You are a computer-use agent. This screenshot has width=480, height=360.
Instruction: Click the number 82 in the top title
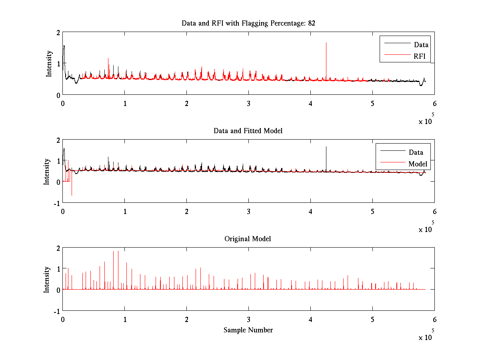tap(311, 23)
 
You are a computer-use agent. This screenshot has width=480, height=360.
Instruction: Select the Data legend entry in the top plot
tap(421, 45)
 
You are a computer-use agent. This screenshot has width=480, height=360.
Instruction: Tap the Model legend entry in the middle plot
tap(418, 164)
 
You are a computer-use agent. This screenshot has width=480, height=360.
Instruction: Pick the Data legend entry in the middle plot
tap(416, 152)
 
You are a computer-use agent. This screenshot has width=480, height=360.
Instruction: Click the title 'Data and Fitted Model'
tap(248, 131)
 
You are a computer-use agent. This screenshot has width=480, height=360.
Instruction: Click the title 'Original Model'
tap(248, 239)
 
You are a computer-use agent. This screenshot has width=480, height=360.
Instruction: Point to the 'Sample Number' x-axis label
tap(248, 330)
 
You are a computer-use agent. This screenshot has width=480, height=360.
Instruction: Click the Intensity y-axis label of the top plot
tap(49, 63)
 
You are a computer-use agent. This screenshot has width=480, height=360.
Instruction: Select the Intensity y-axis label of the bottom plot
tap(46, 279)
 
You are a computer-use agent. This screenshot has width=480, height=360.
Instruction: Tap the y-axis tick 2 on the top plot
tap(58, 32)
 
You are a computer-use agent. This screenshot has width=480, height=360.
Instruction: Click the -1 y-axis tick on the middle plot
tap(56, 203)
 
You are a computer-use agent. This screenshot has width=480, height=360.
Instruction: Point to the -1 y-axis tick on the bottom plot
tap(56, 311)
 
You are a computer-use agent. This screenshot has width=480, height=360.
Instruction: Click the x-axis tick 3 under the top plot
tap(249, 103)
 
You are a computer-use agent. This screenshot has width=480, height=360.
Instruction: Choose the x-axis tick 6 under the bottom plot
tap(434, 320)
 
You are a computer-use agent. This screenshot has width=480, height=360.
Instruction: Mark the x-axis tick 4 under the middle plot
tap(311, 211)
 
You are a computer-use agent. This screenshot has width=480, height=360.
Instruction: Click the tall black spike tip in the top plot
tap(326, 43)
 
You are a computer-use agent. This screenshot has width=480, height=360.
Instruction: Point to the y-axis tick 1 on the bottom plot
tap(58, 268)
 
